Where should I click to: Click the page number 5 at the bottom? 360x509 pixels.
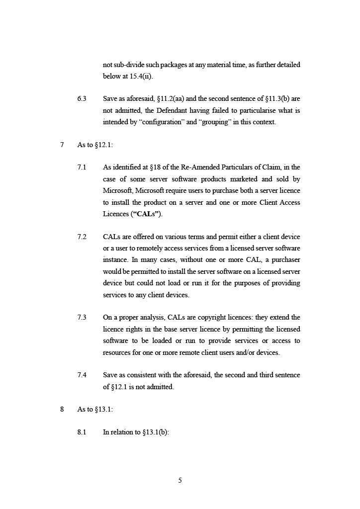(x=180, y=480)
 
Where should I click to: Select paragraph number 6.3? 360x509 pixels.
(x=82, y=98)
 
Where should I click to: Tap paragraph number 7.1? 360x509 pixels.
(x=82, y=167)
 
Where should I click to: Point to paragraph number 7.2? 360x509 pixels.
(x=82, y=237)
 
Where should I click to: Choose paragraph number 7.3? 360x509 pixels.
(x=82, y=317)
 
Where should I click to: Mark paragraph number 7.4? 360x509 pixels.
(x=82, y=375)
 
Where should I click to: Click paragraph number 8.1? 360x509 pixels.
(x=82, y=432)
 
